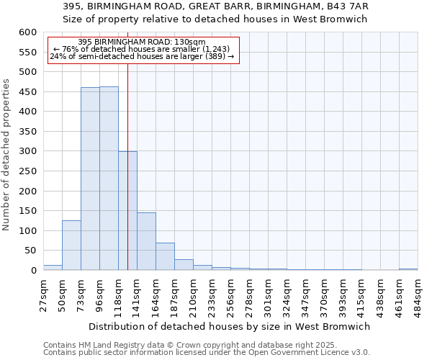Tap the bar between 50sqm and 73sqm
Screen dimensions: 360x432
pyautogui.click(x=71, y=245)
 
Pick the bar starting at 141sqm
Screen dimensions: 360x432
pyautogui.click(x=146, y=241)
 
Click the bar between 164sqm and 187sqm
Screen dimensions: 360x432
pyautogui.click(x=165, y=256)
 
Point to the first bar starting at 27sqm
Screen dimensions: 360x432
pyautogui.click(x=53, y=267)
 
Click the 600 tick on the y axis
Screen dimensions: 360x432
pyautogui.click(x=27, y=32)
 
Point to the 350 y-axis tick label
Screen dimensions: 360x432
pyautogui.click(x=27, y=132)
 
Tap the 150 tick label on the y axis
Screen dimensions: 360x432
pyautogui.click(x=27, y=211)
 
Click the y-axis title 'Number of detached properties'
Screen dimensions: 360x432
pyautogui.click(x=6, y=155)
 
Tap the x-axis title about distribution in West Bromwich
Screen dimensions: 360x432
pyautogui.click(x=230, y=326)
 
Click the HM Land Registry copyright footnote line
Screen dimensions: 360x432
pyautogui.click(x=165, y=345)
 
